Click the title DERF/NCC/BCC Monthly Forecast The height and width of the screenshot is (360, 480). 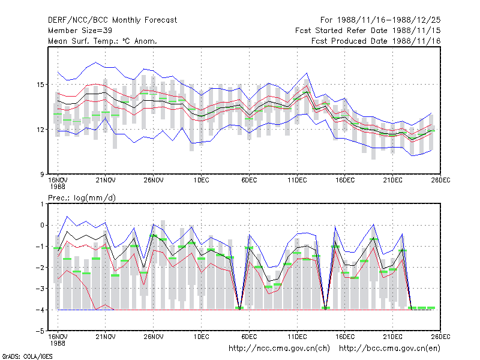pos(112,20)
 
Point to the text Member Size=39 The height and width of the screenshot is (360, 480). pos(80,31)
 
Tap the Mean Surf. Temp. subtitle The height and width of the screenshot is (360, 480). pos(103,41)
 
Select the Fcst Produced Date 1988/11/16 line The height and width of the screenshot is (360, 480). pos(376,41)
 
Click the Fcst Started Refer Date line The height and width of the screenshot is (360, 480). pos(368,31)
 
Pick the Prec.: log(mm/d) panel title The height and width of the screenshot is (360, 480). pos(82,198)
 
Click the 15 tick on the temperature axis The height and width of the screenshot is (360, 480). pos(40,85)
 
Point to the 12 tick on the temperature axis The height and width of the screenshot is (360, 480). pos(40,130)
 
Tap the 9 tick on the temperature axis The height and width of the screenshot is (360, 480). pos(42,175)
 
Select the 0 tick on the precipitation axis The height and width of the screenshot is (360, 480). pos(42,226)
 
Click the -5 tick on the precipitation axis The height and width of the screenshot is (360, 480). pos(40,331)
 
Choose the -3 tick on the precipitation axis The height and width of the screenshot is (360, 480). pos(40,289)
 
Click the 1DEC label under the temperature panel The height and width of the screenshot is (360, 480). pos(201,181)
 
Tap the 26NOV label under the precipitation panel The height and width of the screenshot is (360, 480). pos(154,337)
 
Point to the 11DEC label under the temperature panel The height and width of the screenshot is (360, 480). pos(297,181)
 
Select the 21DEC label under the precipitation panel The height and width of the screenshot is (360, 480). pos(393,337)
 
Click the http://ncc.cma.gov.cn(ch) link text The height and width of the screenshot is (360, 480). pos(280,349)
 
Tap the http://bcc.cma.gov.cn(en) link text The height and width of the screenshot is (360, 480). pos(389,349)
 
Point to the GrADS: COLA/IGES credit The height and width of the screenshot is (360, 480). pos(27,356)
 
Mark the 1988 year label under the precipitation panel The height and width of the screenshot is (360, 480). pos(58,343)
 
